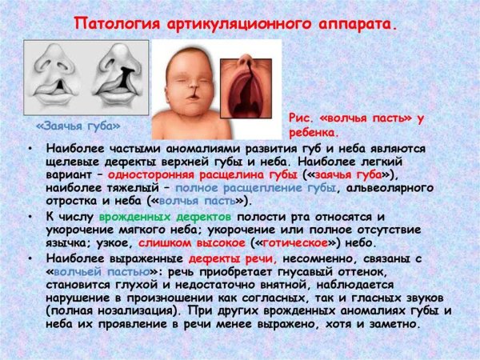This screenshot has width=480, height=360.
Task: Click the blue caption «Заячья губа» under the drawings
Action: pos(78,126)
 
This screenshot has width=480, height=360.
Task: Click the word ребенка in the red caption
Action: pos(314,132)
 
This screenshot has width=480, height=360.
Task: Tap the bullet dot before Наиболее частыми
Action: pos(30,150)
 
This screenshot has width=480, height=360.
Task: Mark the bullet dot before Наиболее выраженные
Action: pos(30,259)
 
